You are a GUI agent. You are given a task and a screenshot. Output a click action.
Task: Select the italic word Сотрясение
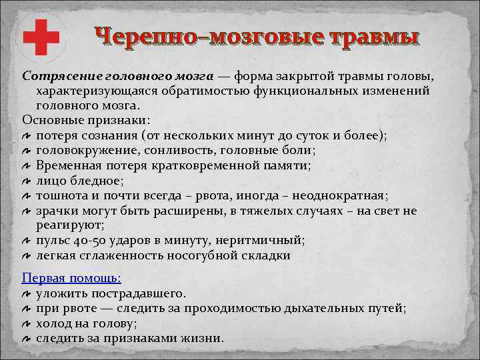coord(55,75)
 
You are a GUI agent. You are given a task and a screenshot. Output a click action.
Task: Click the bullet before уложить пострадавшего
coord(27,293)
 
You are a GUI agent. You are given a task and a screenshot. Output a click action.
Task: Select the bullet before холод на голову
coord(27,323)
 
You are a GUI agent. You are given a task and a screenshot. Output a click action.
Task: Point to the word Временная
coord(68,165)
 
